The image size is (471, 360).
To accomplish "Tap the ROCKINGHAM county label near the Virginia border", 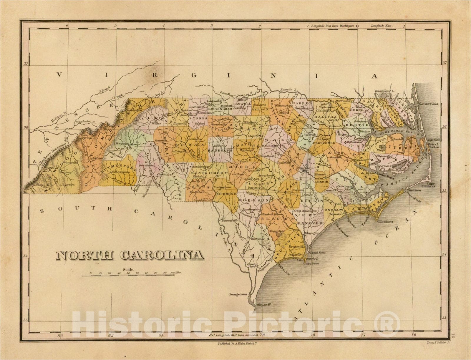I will point(219,109).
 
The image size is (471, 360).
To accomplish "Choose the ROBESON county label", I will point(253,200).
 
